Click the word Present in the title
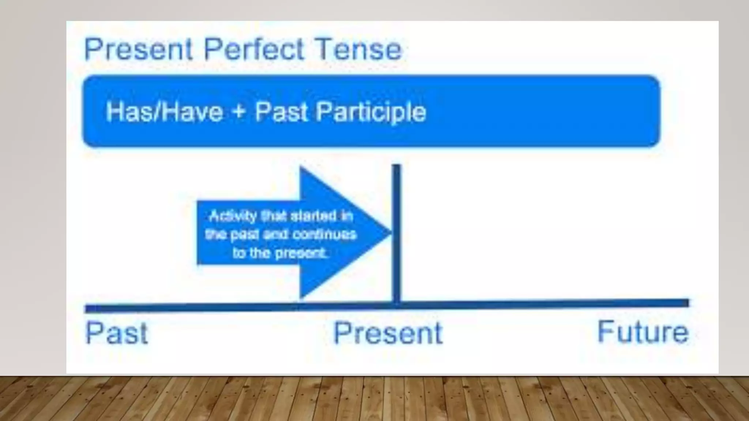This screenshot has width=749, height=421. coord(138,49)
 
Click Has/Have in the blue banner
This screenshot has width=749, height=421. coord(164,111)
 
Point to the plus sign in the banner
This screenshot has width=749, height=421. coord(239,111)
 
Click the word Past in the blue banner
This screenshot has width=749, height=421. coord(281,111)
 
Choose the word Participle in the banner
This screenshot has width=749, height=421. coord(371,112)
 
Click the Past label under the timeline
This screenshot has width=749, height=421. coord(116,333)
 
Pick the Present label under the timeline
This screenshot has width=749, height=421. coord(388,333)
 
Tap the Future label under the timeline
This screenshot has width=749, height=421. coord(643,332)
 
